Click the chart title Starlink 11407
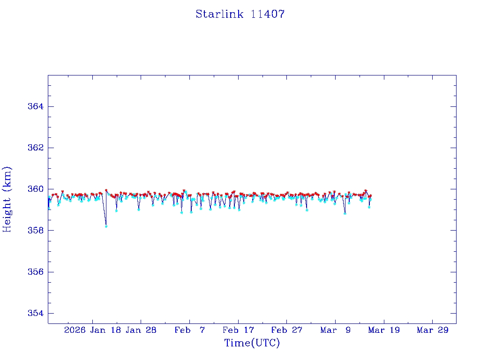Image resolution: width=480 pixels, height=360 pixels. coord(240,14)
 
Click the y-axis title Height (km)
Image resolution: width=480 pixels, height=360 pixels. coord(7,199)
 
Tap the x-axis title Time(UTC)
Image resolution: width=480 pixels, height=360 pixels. coord(252,343)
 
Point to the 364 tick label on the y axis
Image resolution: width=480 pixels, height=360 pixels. coord(36,106)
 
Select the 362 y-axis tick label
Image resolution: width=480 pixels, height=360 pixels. coord(36,148)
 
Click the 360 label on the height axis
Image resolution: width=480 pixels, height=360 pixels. coord(36,189)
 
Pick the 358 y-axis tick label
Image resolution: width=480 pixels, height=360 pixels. coord(36,231)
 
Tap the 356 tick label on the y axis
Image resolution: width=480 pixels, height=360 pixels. coord(36,272)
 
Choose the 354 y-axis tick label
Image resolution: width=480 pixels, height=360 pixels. coord(36,313)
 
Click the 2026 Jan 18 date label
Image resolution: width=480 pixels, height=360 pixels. coord(92,330)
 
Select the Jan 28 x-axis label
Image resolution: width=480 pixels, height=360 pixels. coord(141,330)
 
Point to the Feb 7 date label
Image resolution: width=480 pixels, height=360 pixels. coord(190,330)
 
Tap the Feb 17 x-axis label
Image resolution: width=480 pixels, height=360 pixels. coord(239,330)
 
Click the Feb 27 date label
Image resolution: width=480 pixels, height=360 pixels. coord(287,330)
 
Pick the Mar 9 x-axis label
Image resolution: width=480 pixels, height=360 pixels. coord(336,330)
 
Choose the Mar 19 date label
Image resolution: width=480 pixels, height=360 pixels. coord(384,330)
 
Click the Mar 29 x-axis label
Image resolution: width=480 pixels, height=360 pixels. coord(433,330)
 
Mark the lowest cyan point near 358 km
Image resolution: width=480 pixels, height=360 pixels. coord(106,226)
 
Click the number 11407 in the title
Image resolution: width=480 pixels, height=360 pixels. coord(268,14)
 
